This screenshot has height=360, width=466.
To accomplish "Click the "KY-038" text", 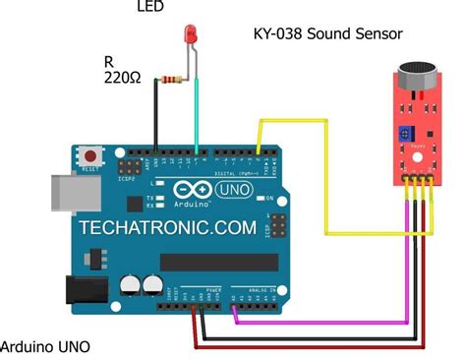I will (277, 34).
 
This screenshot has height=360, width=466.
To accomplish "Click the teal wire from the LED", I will (199, 108).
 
